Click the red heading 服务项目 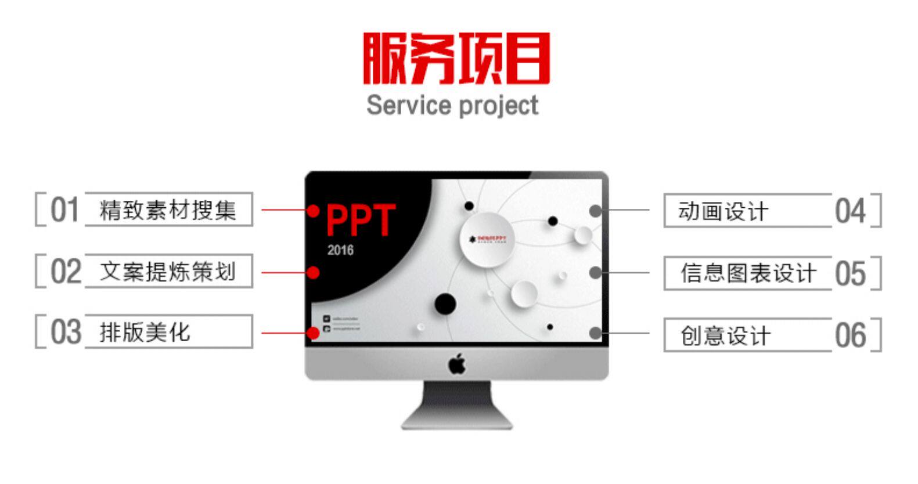pos(456,59)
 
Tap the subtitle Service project pos(452,106)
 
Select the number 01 pos(64,210)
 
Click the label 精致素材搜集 pos(168,210)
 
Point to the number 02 pos(65,271)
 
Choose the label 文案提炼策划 pos(168,271)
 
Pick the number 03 pos(65,332)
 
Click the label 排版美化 pos(145,333)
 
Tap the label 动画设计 pos(723,211)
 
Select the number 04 pos(850,211)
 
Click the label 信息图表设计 pos(748,273)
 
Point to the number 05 pos(850,273)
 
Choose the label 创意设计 pos(725,335)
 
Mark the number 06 pos(850,335)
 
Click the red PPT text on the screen pos(361,221)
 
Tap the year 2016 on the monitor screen pos(340,250)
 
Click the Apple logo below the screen pos(457,364)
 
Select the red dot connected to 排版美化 pos(313,333)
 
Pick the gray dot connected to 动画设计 pos(595,211)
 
